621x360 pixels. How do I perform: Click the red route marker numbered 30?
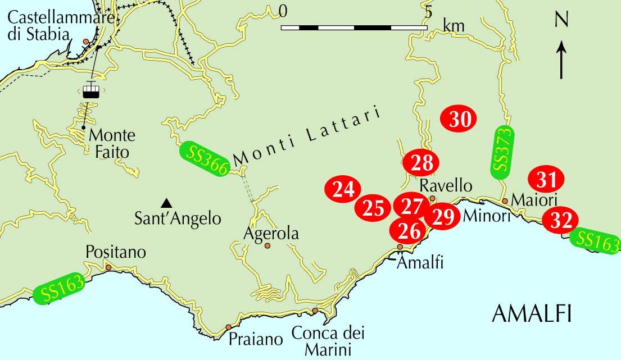pyautogui.click(x=459, y=119)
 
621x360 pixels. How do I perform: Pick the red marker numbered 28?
pyautogui.click(x=421, y=163)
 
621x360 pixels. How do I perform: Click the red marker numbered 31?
pyautogui.click(x=546, y=180)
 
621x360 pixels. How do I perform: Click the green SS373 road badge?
pyautogui.click(x=504, y=152)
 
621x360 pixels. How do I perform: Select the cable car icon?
pyautogui.click(x=90, y=90)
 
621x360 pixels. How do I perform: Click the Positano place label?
pyautogui.click(x=116, y=252)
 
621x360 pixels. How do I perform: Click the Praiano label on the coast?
pyautogui.click(x=255, y=339)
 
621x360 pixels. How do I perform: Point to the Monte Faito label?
pyautogui.click(x=112, y=143)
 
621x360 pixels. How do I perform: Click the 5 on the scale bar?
pyautogui.click(x=428, y=11)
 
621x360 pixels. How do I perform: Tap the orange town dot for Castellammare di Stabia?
pyautogui.click(x=85, y=42)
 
